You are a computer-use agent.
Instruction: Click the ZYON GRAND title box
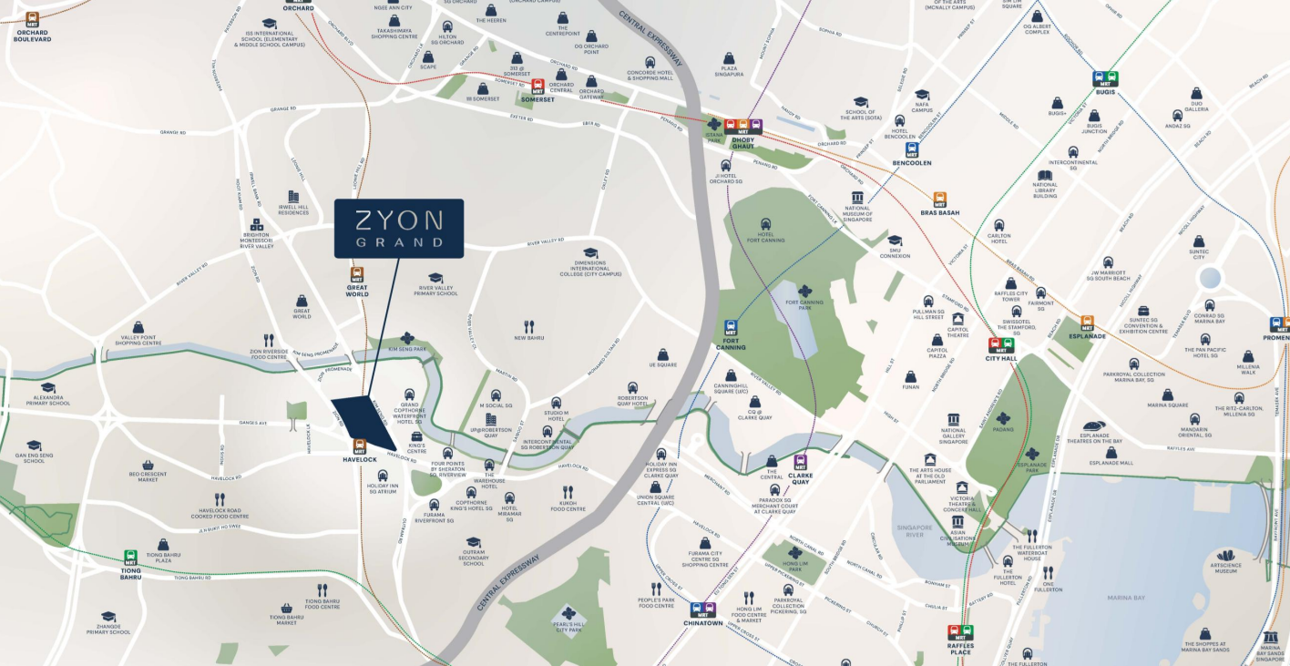tap(399, 228)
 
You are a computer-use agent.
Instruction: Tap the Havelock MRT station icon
tap(360, 446)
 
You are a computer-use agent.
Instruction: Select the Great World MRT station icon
tap(357, 274)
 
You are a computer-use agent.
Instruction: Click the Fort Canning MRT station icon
tap(731, 328)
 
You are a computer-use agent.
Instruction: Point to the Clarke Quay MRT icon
tap(801, 462)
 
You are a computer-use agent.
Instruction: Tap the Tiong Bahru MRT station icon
tap(130, 558)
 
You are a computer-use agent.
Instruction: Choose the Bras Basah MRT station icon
tap(939, 200)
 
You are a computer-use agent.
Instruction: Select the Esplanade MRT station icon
tap(1087, 323)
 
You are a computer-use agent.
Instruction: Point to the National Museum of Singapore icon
tap(856, 199)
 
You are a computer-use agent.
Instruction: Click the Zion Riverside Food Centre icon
tap(269, 340)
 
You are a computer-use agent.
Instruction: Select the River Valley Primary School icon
tap(435, 279)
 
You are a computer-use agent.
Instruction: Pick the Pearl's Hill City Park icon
tap(569, 613)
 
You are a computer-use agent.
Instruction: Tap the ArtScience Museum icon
tap(1226, 555)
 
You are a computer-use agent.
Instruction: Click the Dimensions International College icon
tap(590, 253)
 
